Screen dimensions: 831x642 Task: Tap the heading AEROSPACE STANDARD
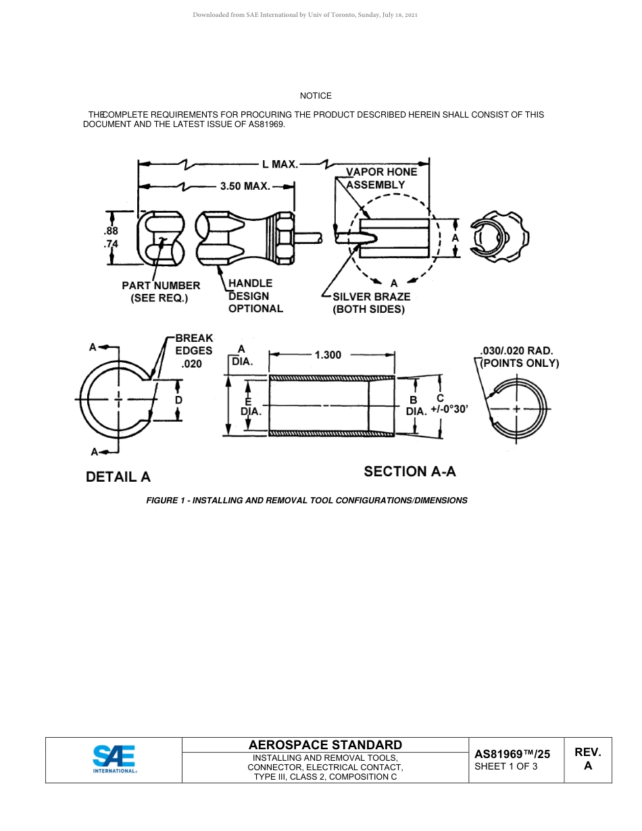pyautogui.click(x=325, y=745)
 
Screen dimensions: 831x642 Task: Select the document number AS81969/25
pyautogui.click(x=512, y=754)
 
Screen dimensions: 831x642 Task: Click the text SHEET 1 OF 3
pyautogui.click(x=506, y=766)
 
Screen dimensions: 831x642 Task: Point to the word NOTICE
pyautogui.click(x=316, y=96)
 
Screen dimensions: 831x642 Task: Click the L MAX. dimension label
pyautogui.click(x=280, y=164)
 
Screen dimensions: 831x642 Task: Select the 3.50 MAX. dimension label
pyautogui.click(x=245, y=186)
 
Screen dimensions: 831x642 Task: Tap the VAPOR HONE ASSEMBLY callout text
pyautogui.click(x=381, y=178)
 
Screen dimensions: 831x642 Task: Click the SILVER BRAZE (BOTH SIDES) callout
pyautogui.click(x=370, y=303)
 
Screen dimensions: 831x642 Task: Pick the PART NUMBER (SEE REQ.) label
pyautogui.click(x=160, y=292)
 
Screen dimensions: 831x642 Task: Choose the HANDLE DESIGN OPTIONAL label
pyautogui.click(x=255, y=296)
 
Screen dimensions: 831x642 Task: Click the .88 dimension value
pyautogui.click(x=111, y=230)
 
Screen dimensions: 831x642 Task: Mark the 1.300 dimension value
pyautogui.click(x=328, y=355)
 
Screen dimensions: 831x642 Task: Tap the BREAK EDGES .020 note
pyautogui.click(x=194, y=351)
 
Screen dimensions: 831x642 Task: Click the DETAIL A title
pyautogui.click(x=118, y=477)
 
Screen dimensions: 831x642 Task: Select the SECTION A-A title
pyautogui.click(x=410, y=472)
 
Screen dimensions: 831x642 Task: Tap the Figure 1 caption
pyautogui.click(x=307, y=501)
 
